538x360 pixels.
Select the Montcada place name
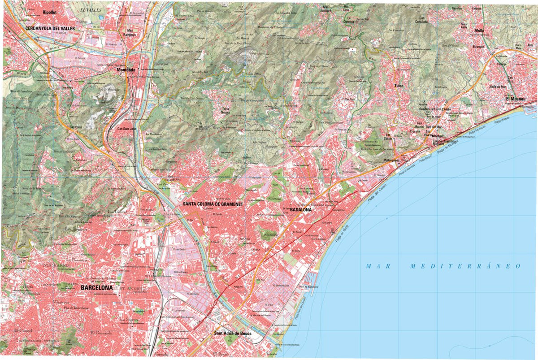(x=126, y=69)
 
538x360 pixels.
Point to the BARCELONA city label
(x=96, y=287)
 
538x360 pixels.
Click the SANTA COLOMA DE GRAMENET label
(x=213, y=204)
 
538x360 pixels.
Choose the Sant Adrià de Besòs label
(x=233, y=334)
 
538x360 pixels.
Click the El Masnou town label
(x=516, y=99)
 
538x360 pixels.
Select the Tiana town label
(x=399, y=85)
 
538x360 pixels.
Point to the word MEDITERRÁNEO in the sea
(x=466, y=266)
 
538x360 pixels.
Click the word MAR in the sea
(x=376, y=266)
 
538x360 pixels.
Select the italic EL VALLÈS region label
(x=89, y=9)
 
